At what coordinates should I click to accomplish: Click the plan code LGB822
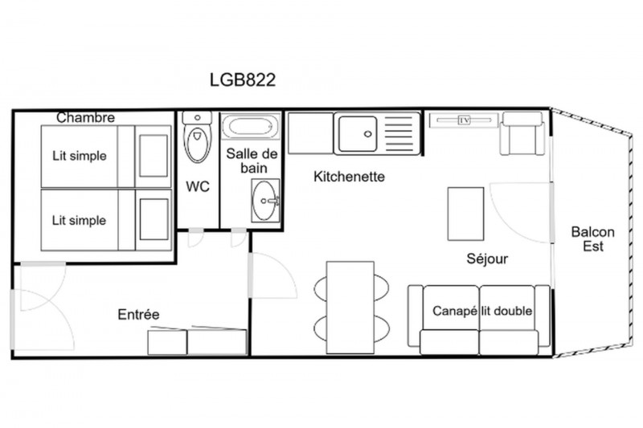point(243,79)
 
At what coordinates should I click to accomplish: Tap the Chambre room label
point(85,117)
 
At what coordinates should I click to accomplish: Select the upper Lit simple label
point(80,156)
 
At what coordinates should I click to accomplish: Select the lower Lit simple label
point(79,220)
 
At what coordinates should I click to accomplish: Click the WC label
point(198,186)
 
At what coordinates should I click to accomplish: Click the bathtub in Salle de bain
point(251,127)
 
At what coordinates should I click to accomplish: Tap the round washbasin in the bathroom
point(264,201)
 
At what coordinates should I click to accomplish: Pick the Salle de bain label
point(252,161)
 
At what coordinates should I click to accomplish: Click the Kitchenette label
point(349,177)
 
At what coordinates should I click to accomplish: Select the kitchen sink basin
point(356,133)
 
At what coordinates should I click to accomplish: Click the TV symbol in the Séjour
point(465,120)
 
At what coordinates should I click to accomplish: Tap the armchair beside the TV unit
point(522,133)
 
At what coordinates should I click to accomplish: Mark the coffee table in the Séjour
point(465,214)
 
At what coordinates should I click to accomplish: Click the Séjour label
point(487,259)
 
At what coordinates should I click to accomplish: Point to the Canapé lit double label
point(482,311)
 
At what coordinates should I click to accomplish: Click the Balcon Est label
point(593,238)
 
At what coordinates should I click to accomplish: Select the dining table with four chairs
point(350,308)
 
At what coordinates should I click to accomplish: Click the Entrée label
point(138,314)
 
